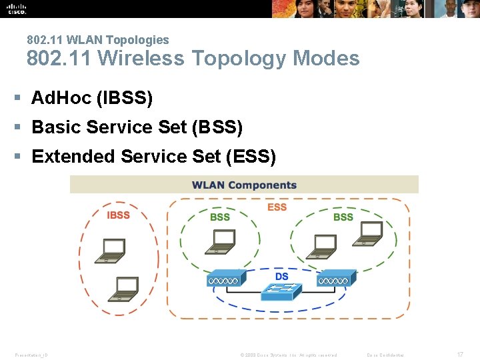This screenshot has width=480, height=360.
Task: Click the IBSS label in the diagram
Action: [x=118, y=215]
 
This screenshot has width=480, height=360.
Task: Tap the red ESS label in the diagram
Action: [x=277, y=207]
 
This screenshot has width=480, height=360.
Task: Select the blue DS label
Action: [x=282, y=276]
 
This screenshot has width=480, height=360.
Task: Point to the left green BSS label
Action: [x=219, y=217]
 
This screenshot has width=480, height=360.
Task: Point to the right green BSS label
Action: [x=343, y=217]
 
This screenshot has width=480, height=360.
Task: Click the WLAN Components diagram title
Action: [x=244, y=185]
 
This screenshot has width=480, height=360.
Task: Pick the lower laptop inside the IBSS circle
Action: [x=125, y=289]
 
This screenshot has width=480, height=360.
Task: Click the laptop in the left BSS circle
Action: [x=218, y=241]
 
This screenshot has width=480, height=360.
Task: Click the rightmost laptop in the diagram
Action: [x=367, y=231]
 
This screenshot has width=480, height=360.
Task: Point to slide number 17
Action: [x=459, y=355]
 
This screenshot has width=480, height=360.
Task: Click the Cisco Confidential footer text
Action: [x=385, y=355]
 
